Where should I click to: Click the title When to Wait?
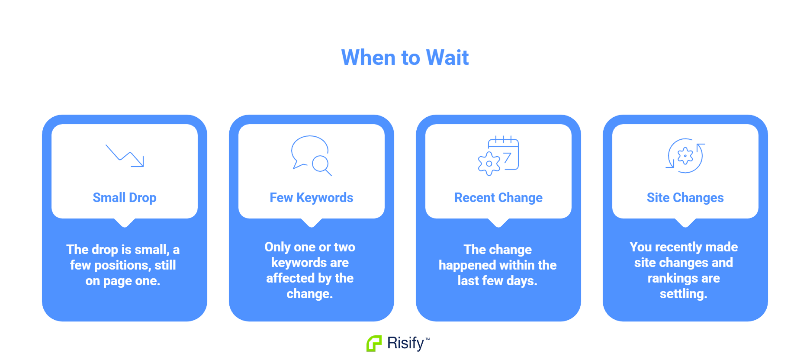coord(405,58)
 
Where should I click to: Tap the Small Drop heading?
coord(125,198)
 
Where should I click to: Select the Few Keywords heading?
coord(312,198)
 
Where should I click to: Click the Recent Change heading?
coord(498,198)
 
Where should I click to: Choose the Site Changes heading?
coord(685,198)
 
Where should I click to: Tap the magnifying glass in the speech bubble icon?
coord(322,165)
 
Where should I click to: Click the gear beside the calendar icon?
coord(489,164)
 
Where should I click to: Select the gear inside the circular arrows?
coord(685,156)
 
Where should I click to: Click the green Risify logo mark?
coord(374,344)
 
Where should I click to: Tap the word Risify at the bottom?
coord(405,343)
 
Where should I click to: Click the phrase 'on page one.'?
coord(123,281)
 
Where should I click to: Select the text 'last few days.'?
coord(498,281)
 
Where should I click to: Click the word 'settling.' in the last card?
coord(684,294)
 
